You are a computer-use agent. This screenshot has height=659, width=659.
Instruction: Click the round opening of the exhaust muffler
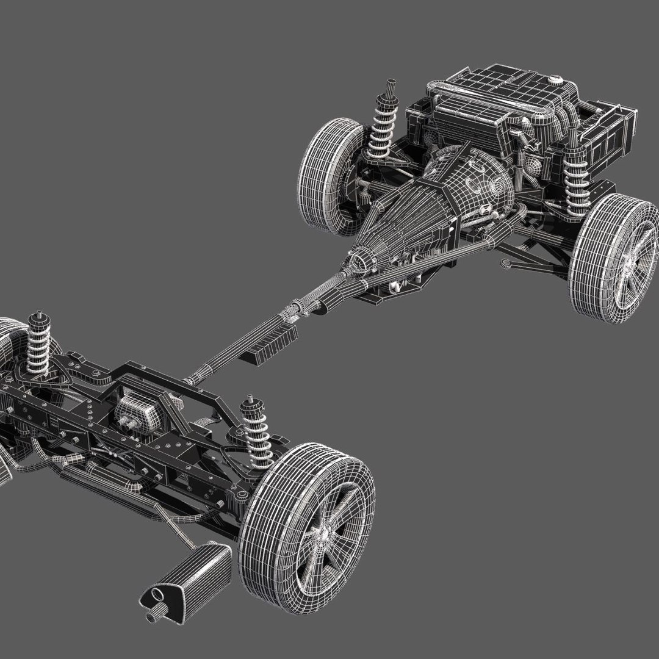pos(154,596)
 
